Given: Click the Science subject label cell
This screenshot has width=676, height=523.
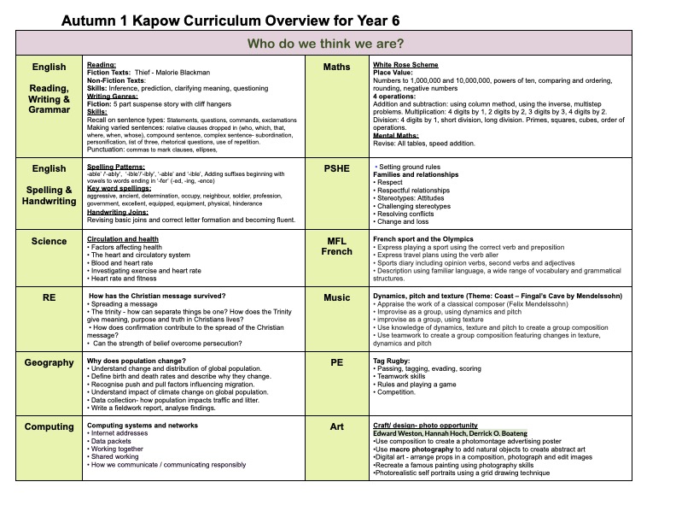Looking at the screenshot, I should pyautogui.click(x=49, y=241).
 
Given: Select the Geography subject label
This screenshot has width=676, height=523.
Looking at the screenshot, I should pyautogui.click(x=49, y=362).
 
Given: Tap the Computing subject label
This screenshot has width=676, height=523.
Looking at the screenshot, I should pyautogui.click(x=49, y=426).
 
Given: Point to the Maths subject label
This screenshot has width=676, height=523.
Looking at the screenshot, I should pyautogui.click(x=336, y=67).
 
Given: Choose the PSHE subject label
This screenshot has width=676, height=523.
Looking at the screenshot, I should pyautogui.click(x=336, y=170).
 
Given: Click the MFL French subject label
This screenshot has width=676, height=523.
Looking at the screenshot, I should pyautogui.click(x=336, y=246).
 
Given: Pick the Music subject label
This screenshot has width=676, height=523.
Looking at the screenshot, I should pyautogui.click(x=336, y=297).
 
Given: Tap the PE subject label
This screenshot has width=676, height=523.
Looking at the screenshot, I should pyautogui.click(x=336, y=362).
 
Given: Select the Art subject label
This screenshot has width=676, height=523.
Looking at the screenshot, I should pyautogui.click(x=336, y=426).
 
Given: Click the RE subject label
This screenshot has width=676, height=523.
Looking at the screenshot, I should pyautogui.click(x=49, y=297).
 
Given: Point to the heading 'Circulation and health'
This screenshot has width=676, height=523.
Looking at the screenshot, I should pyautogui.click(x=123, y=239).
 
